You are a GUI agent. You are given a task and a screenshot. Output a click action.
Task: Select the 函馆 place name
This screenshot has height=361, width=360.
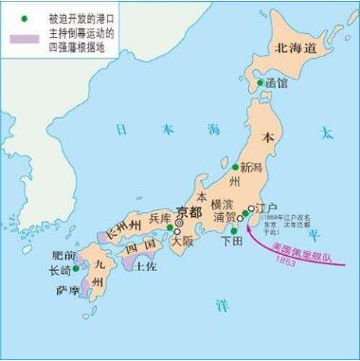(x=277, y=83)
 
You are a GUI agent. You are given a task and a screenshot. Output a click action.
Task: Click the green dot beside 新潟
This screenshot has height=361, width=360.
(x=236, y=168)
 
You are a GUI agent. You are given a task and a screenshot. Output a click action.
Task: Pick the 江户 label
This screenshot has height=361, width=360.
(x=267, y=208)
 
